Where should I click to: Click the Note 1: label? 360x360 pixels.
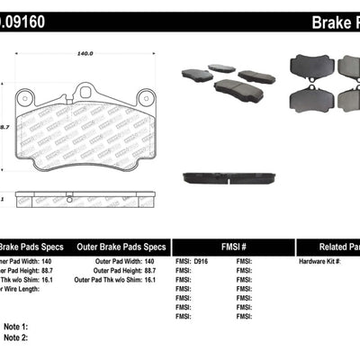pyautogui.click(x=16, y=326)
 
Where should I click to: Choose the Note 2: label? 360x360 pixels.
pyautogui.click(x=16, y=337)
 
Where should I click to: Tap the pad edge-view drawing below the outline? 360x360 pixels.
pyautogui.click(x=86, y=198)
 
